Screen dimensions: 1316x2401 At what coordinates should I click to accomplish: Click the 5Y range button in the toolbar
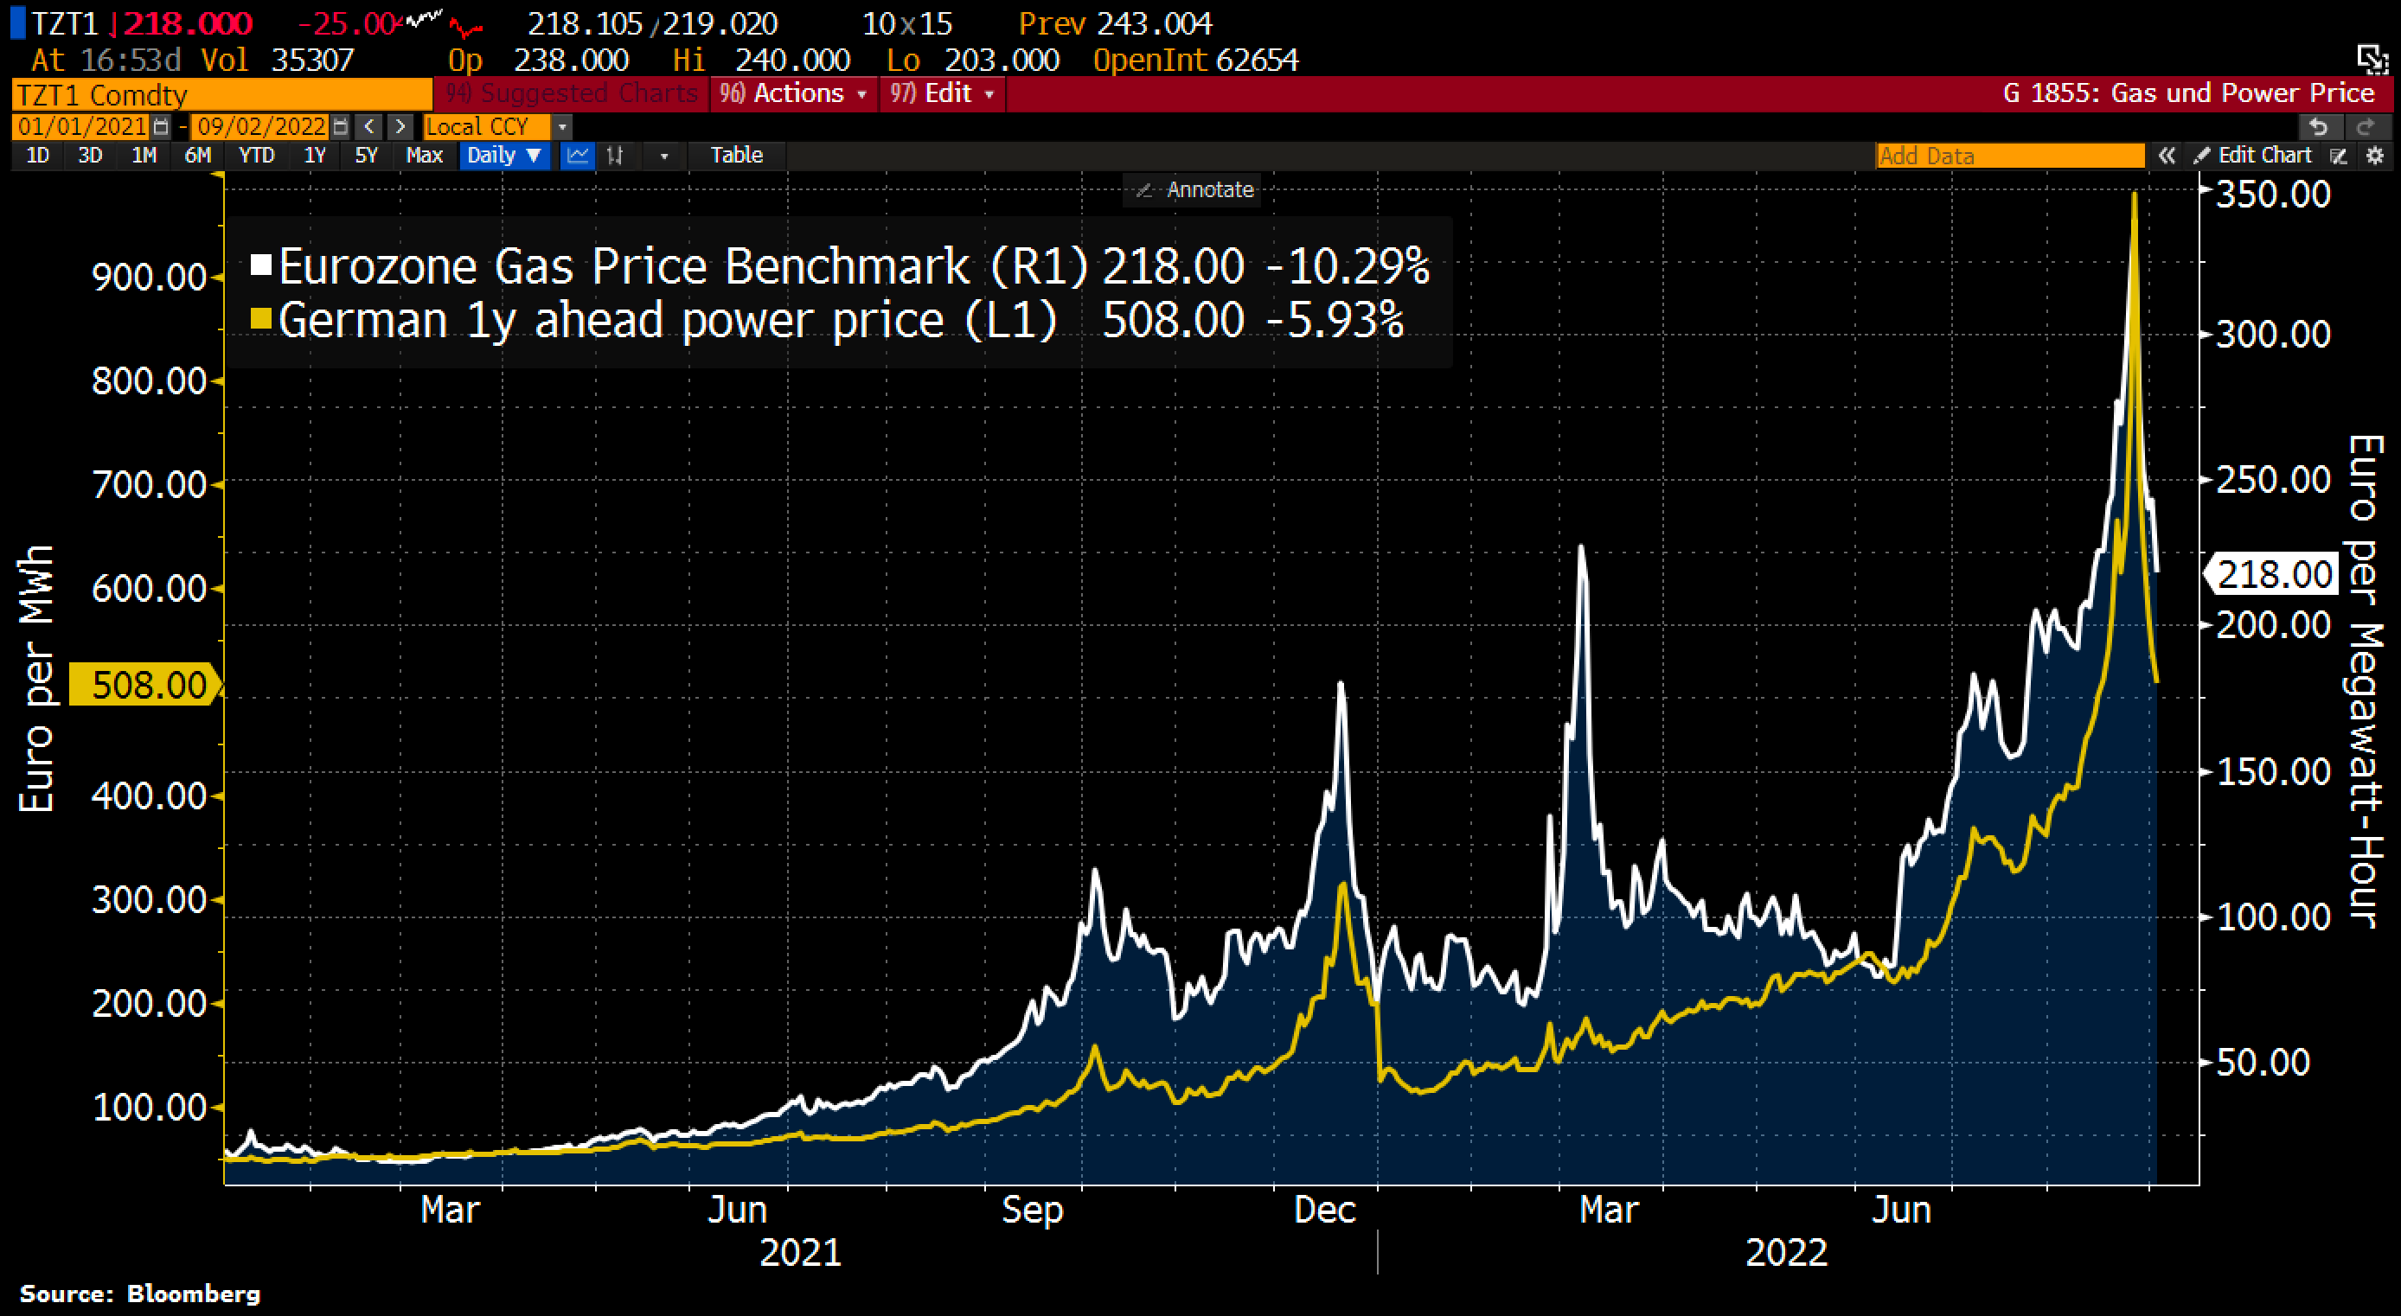click(365, 156)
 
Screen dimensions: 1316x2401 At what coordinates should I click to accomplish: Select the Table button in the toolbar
click(736, 156)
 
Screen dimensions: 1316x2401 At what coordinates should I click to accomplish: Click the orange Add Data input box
click(2009, 156)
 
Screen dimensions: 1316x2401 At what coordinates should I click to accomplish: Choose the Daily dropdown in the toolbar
click(503, 156)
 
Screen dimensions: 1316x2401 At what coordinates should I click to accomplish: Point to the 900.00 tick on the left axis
click(149, 278)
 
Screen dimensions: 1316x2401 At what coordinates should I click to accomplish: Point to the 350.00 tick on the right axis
click(2272, 195)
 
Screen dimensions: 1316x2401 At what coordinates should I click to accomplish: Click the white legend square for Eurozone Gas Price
click(261, 265)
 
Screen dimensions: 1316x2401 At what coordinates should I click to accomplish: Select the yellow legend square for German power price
click(261, 320)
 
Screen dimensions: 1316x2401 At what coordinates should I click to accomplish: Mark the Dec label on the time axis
click(1324, 1210)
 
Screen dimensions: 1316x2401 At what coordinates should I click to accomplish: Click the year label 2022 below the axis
click(1786, 1253)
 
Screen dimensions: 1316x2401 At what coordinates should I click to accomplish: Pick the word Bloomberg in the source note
click(194, 1294)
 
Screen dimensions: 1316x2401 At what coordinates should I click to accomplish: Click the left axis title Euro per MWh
click(37, 679)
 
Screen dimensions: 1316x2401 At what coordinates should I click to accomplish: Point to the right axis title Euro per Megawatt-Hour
click(2364, 680)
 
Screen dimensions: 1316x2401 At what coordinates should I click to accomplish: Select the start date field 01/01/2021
click(82, 126)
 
